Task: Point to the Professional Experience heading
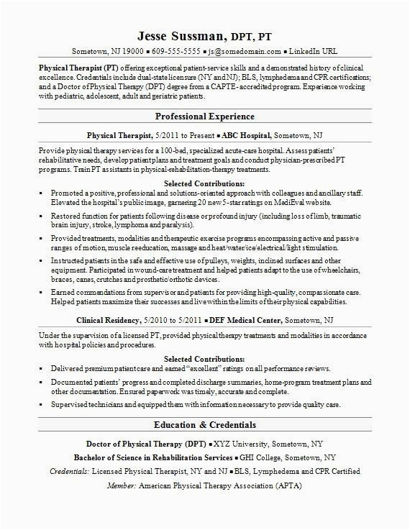205,116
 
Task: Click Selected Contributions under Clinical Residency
204,358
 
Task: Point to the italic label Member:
121,485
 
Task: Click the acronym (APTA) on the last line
288,485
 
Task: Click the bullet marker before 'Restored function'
42,214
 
